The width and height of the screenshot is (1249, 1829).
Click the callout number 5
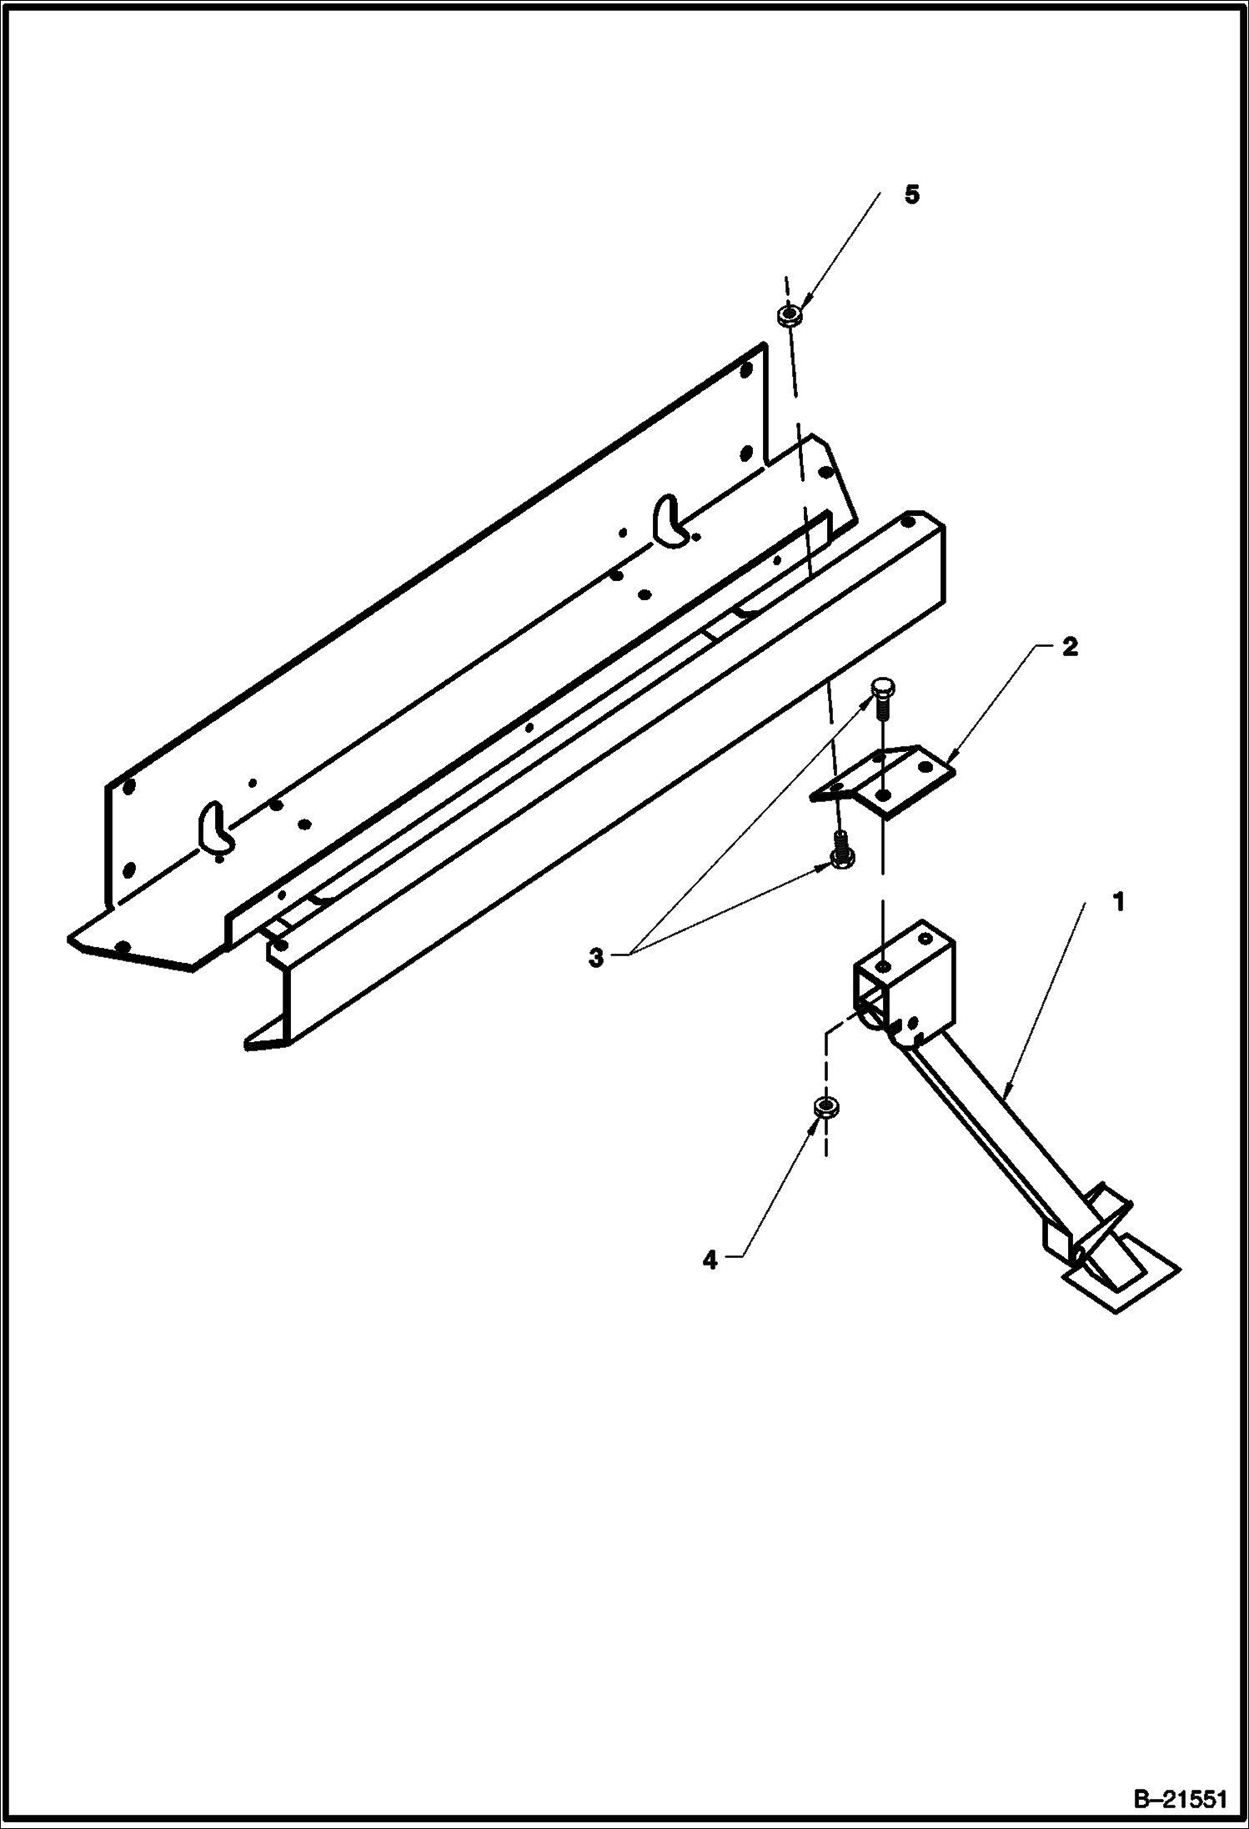point(912,195)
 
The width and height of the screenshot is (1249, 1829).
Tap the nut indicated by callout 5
point(789,315)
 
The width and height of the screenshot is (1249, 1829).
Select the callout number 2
point(1070,647)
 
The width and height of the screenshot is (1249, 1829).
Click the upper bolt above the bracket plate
point(882,696)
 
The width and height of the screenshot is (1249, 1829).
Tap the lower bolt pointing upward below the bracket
point(839,852)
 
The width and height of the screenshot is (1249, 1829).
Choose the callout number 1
point(1120,902)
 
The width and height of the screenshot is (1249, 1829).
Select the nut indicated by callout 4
point(826,1107)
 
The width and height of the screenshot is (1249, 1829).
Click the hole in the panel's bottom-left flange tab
point(123,946)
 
